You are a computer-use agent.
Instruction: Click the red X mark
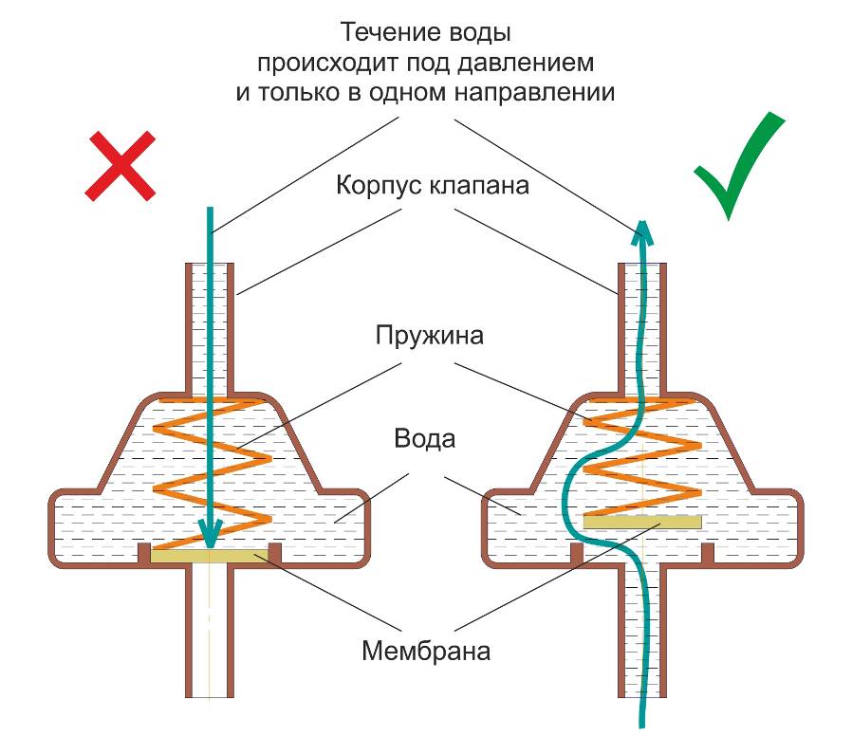(120, 166)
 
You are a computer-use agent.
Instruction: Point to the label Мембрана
(426, 652)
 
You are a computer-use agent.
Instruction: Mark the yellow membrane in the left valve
(211, 556)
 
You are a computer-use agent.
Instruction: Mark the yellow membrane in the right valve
(642, 522)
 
